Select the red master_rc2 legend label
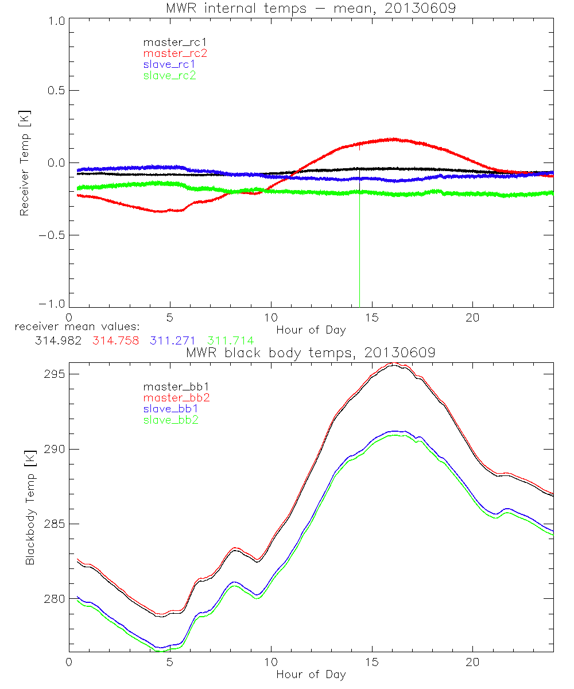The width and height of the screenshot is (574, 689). click(x=174, y=53)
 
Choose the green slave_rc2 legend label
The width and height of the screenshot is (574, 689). click(x=169, y=75)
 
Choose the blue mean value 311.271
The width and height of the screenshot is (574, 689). click(x=174, y=340)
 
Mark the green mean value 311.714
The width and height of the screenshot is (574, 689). click(x=230, y=340)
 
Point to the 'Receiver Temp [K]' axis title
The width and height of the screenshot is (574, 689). click(x=24, y=163)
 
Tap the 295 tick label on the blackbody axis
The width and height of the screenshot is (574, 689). click(x=54, y=374)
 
